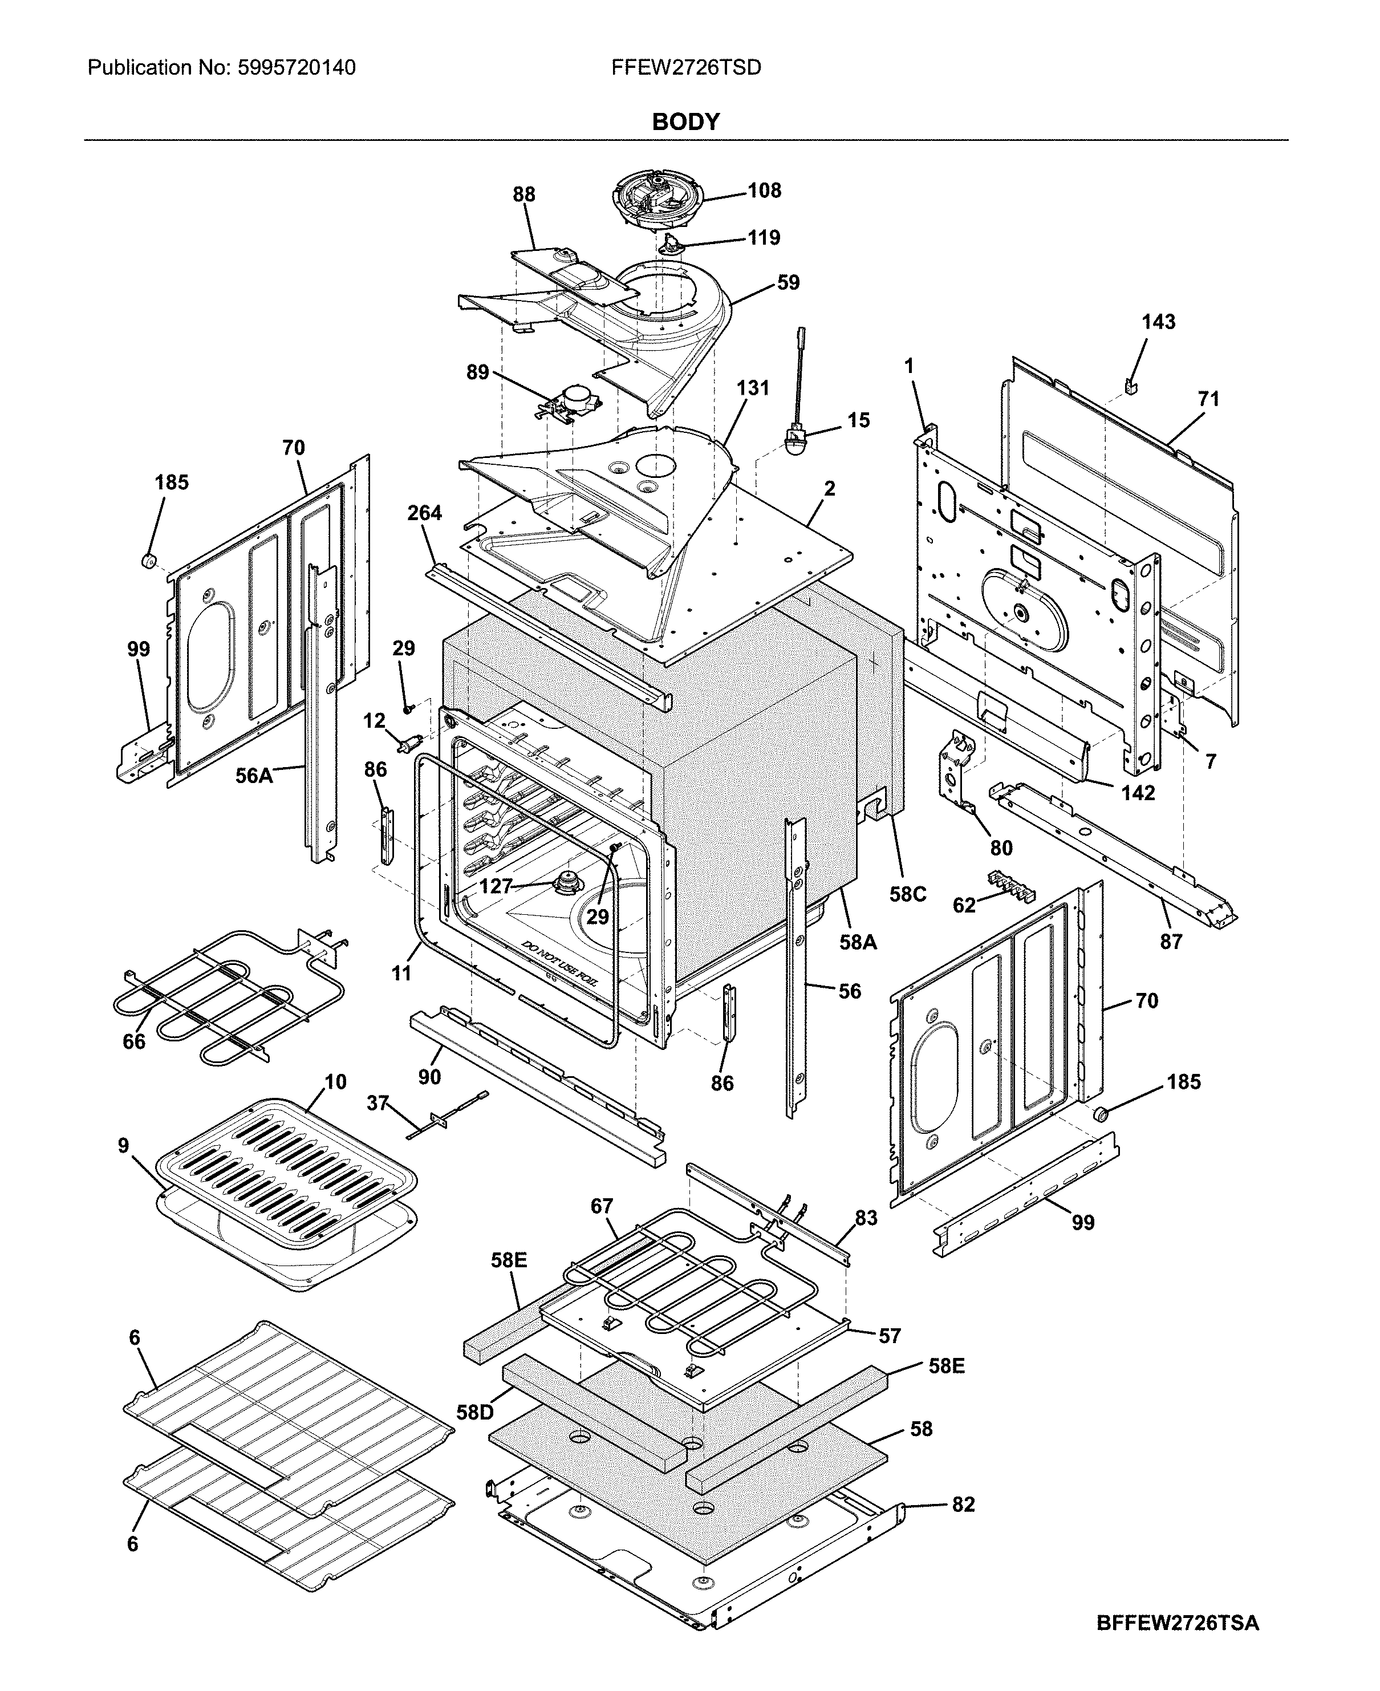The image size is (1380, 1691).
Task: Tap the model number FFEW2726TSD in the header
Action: (x=685, y=67)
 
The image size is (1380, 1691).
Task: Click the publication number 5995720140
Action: (x=297, y=67)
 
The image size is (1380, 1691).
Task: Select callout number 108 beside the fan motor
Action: (x=764, y=191)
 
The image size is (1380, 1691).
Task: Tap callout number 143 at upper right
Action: (x=1158, y=322)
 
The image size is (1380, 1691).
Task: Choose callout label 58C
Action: (x=907, y=894)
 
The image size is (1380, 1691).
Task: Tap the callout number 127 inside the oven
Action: (x=496, y=886)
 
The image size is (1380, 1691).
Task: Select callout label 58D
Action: (x=474, y=1413)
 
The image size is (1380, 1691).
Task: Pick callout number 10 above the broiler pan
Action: (x=335, y=1082)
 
